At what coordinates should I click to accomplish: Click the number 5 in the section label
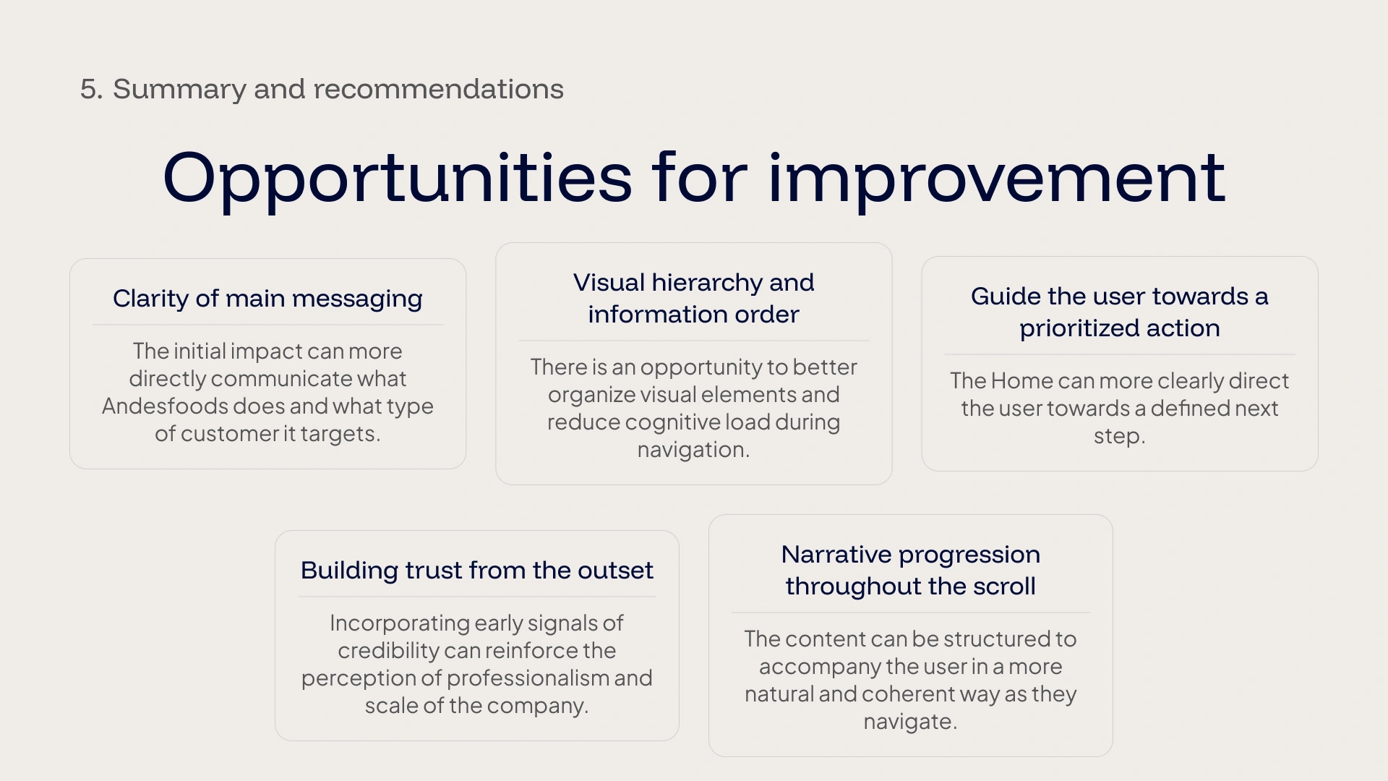point(88,90)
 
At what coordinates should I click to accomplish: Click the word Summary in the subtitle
point(180,90)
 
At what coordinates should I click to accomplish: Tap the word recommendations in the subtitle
point(438,89)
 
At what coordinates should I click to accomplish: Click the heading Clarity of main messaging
point(267,299)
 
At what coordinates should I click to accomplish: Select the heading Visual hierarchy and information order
point(694,298)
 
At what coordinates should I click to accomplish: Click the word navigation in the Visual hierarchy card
point(692,450)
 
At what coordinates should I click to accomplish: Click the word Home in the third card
point(1022,381)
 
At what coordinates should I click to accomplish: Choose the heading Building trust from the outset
point(477,571)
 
